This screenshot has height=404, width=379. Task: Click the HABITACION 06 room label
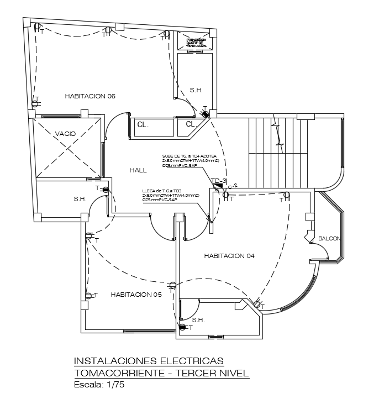click(90, 96)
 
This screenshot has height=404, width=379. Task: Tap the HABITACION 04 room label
click(229, 255)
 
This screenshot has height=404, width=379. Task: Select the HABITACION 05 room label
click(136, 295)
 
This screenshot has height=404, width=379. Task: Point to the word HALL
click(138, 170)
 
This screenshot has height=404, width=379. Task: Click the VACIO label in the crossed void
click(65, 133)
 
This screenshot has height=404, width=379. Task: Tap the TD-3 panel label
click(219, 181)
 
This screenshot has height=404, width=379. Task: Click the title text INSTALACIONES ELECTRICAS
click(149, 361)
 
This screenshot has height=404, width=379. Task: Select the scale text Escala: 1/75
click(99, 385)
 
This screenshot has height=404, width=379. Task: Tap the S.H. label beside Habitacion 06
click(196, 90)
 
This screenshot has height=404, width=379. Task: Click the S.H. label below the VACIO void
click(80, 199)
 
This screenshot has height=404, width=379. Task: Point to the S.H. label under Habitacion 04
click(198, 320)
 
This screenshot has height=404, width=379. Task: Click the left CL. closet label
click(143, 125)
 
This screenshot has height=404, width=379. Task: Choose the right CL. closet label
click(191, 124)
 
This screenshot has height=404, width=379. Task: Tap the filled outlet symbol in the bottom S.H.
click(182, 328)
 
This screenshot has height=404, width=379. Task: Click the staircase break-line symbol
click(278, 133)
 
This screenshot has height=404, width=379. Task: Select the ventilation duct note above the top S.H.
click(196, 42)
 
